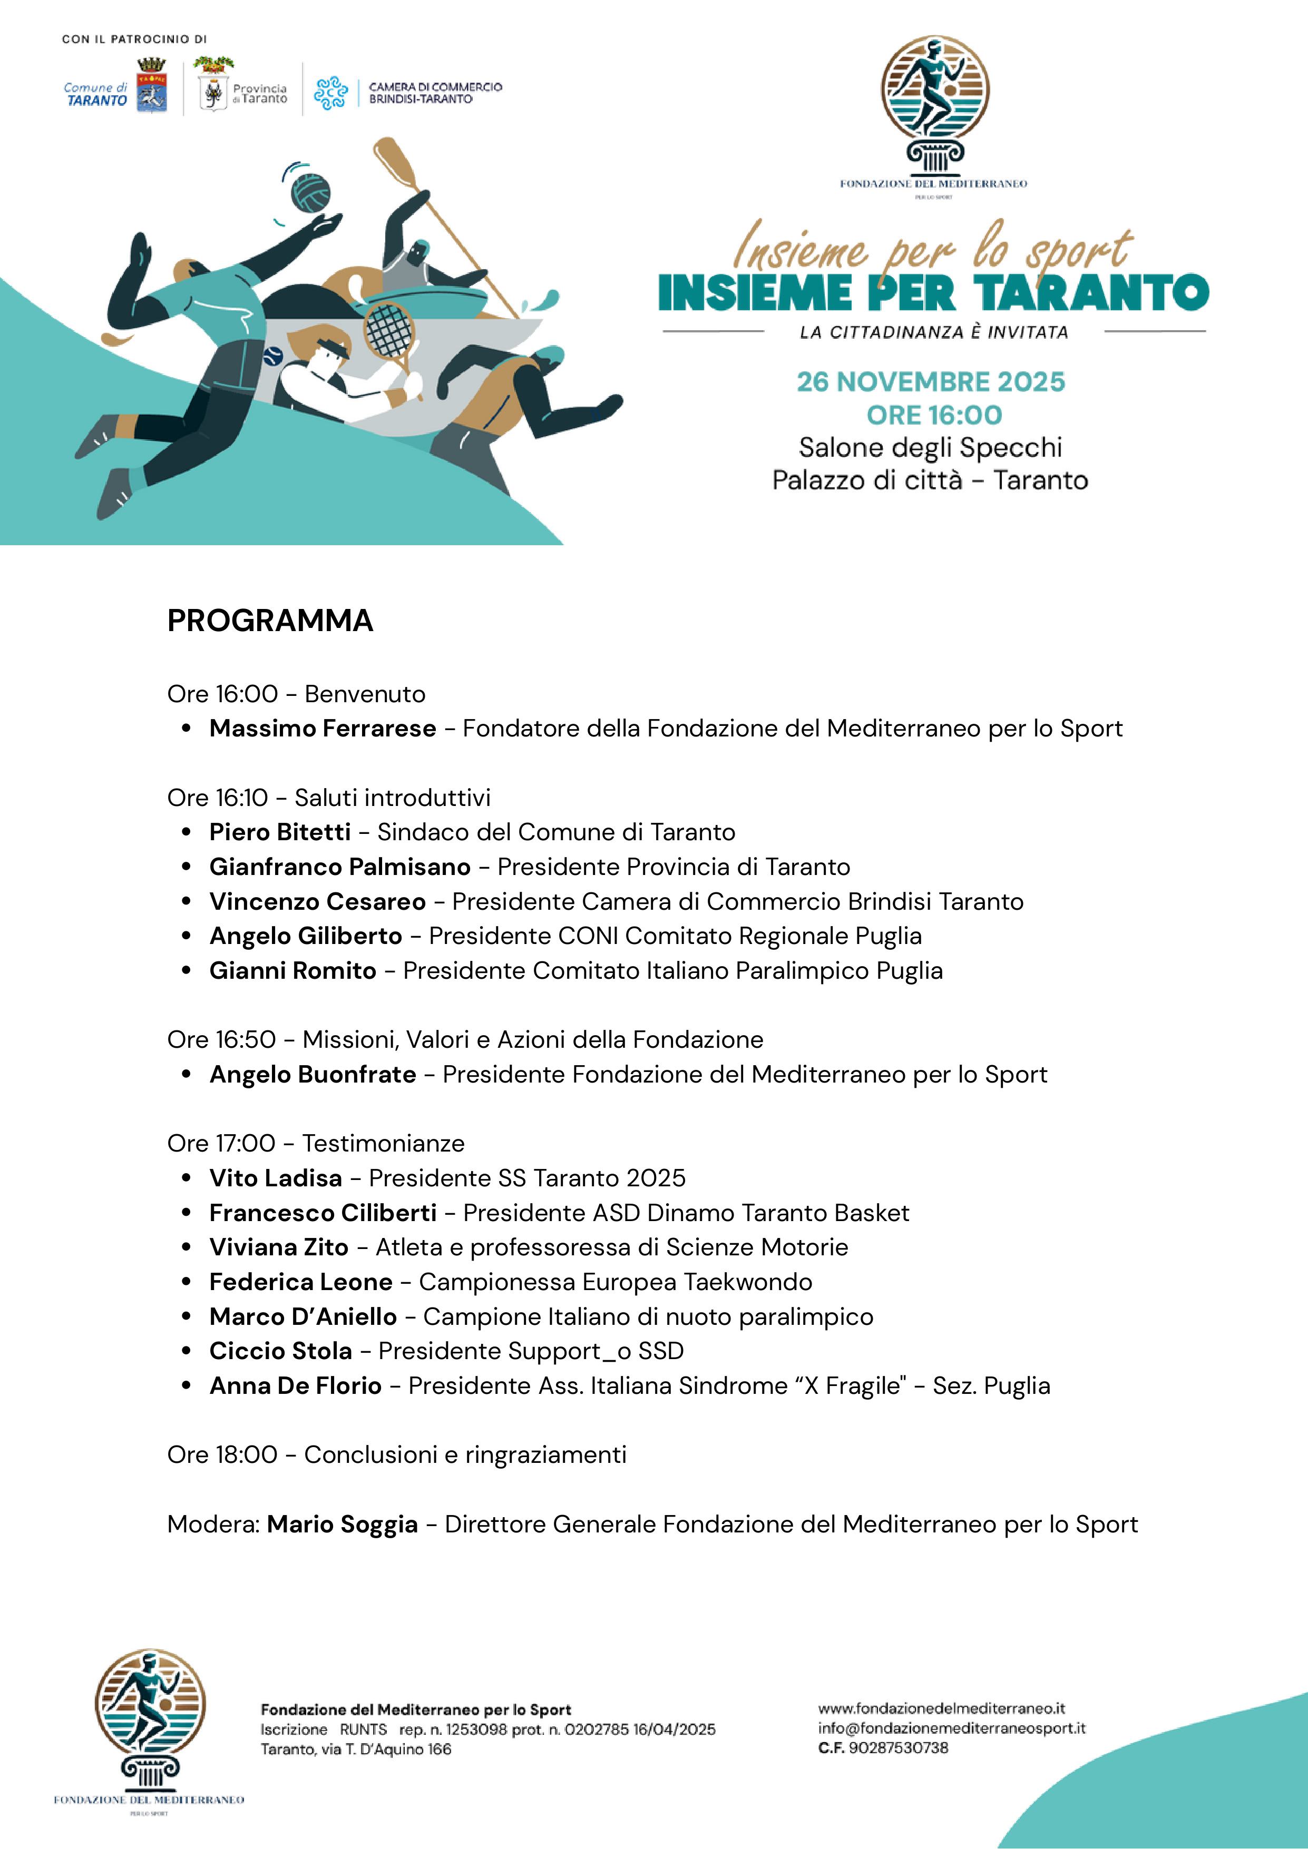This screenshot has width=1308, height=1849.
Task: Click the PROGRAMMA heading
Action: pyautogui.click(x=270, y=621)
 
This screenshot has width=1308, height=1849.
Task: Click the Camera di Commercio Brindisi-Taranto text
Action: pyautogui.click(x=435, y=93)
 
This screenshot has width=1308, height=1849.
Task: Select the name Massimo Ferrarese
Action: pyautogui.click(x=322, y=728)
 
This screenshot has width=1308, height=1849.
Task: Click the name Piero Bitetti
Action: pyautogui.click(x=279, y=832)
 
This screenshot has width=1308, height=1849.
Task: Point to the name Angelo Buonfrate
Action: pyautogui.click(x=313, y=1074)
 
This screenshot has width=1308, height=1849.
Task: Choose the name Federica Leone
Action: pyautogui.click(x=300, y=1282)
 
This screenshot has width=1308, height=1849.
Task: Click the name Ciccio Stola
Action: pyautogui.click(x=280, y=1351)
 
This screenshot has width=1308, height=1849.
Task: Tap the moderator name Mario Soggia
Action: pyautogui.click(x=343, y=1525)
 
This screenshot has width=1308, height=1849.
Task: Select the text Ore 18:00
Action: pyautogui.click(x=221, y=1455)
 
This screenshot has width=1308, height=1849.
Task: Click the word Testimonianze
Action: pyautogui.click(x=383, y=1144)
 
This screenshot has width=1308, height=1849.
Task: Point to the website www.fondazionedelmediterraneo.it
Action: pyautogui.click(x=942, y=1708)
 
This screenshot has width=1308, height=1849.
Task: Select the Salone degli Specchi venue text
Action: pyautogui.click(x=930, y=448)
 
